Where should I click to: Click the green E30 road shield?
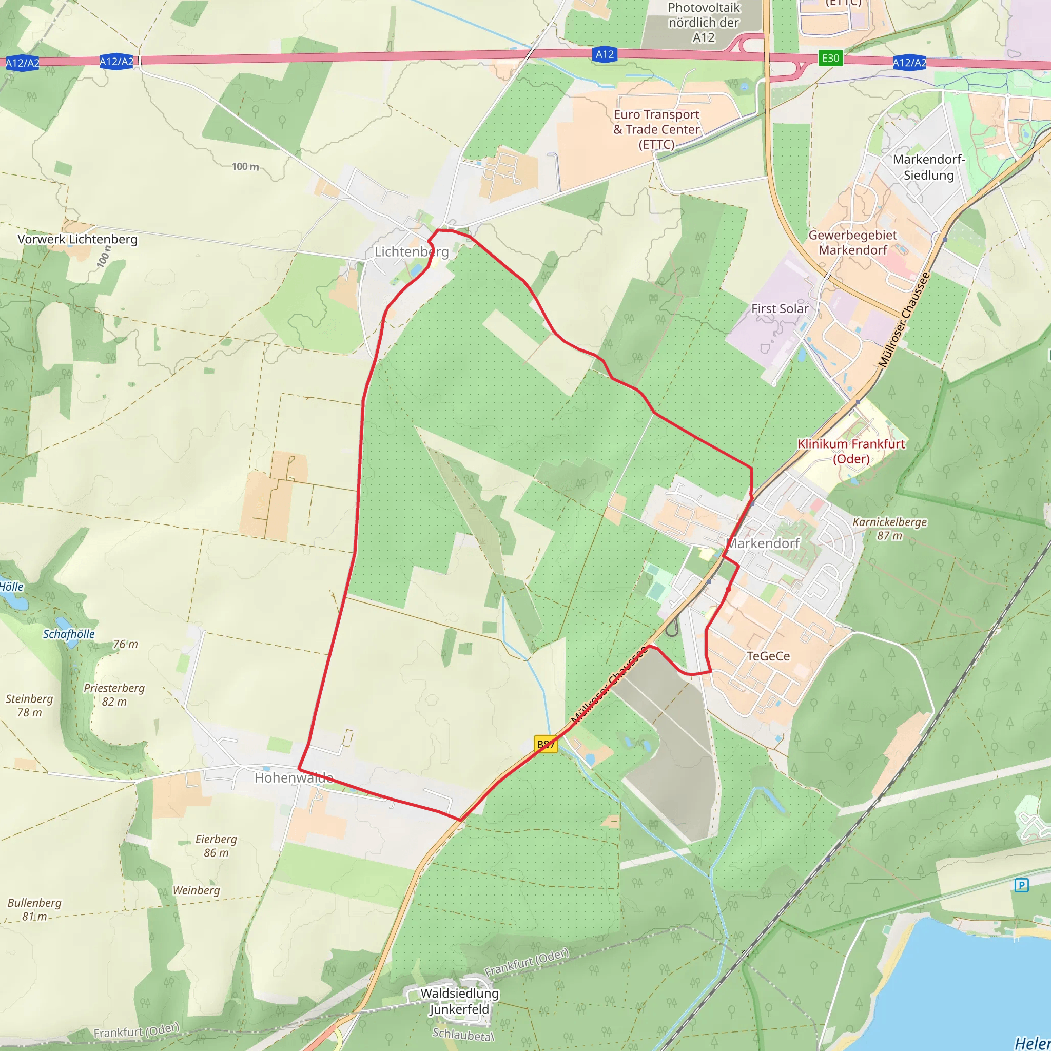pos(830,58)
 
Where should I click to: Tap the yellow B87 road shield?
pos(546,744)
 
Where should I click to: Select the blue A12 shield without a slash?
pos(605,54)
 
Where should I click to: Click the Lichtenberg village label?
pos(411,251)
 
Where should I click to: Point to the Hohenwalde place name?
pos(294,778)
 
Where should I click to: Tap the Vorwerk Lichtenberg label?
pos(77,239)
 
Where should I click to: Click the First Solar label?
pos(780,308)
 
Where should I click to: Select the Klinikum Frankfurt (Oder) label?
pos(851,451)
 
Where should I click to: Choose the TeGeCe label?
pos(768,656)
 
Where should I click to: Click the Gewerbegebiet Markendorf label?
pos(852,243)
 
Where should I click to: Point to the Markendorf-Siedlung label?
pos(928,167)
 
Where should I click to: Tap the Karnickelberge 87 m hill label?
pos(889,529)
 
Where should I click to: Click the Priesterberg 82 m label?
pos(114,695)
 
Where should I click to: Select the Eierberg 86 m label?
pos(216,846)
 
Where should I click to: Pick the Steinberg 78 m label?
pos(29,706)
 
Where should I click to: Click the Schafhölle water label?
pos(69,634)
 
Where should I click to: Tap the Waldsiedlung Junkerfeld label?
pos(460,1001)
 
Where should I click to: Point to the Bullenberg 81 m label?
pos(34,909)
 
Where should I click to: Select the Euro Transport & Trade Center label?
pos(656,129)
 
